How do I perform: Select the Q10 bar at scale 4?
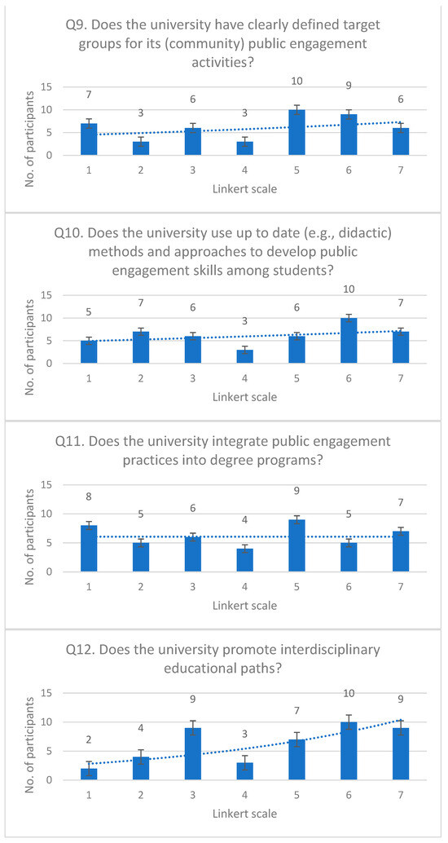[x=245, y=356]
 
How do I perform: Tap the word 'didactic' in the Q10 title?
[x=358, y=232]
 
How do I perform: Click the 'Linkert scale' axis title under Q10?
[x=245, y=397]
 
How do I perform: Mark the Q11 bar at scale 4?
[x=245, y=560]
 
